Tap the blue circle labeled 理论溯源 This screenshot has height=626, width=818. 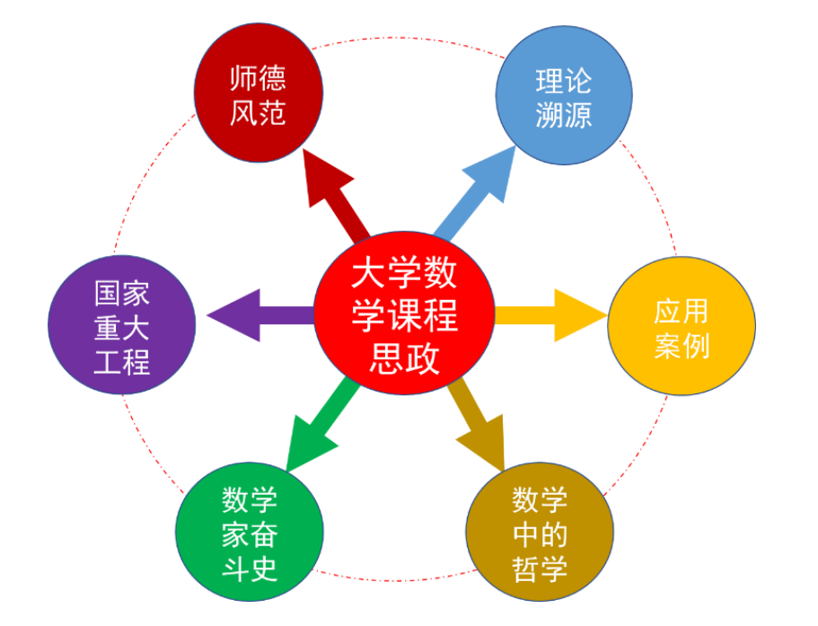563,98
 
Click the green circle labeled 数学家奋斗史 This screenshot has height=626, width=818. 249,533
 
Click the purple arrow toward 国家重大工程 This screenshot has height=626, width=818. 256,315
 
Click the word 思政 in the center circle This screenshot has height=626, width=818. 405,357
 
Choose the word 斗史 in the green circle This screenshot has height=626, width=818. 249,569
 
